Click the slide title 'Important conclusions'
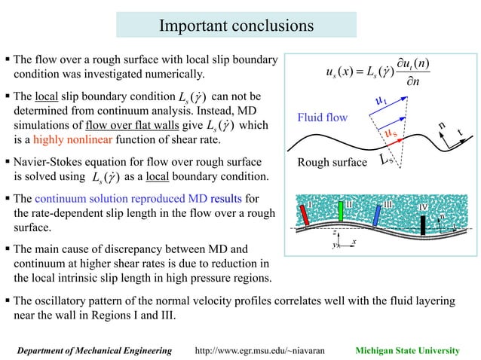(236, 26)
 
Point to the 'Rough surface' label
(332, 162)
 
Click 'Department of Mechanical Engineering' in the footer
(93, 350)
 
